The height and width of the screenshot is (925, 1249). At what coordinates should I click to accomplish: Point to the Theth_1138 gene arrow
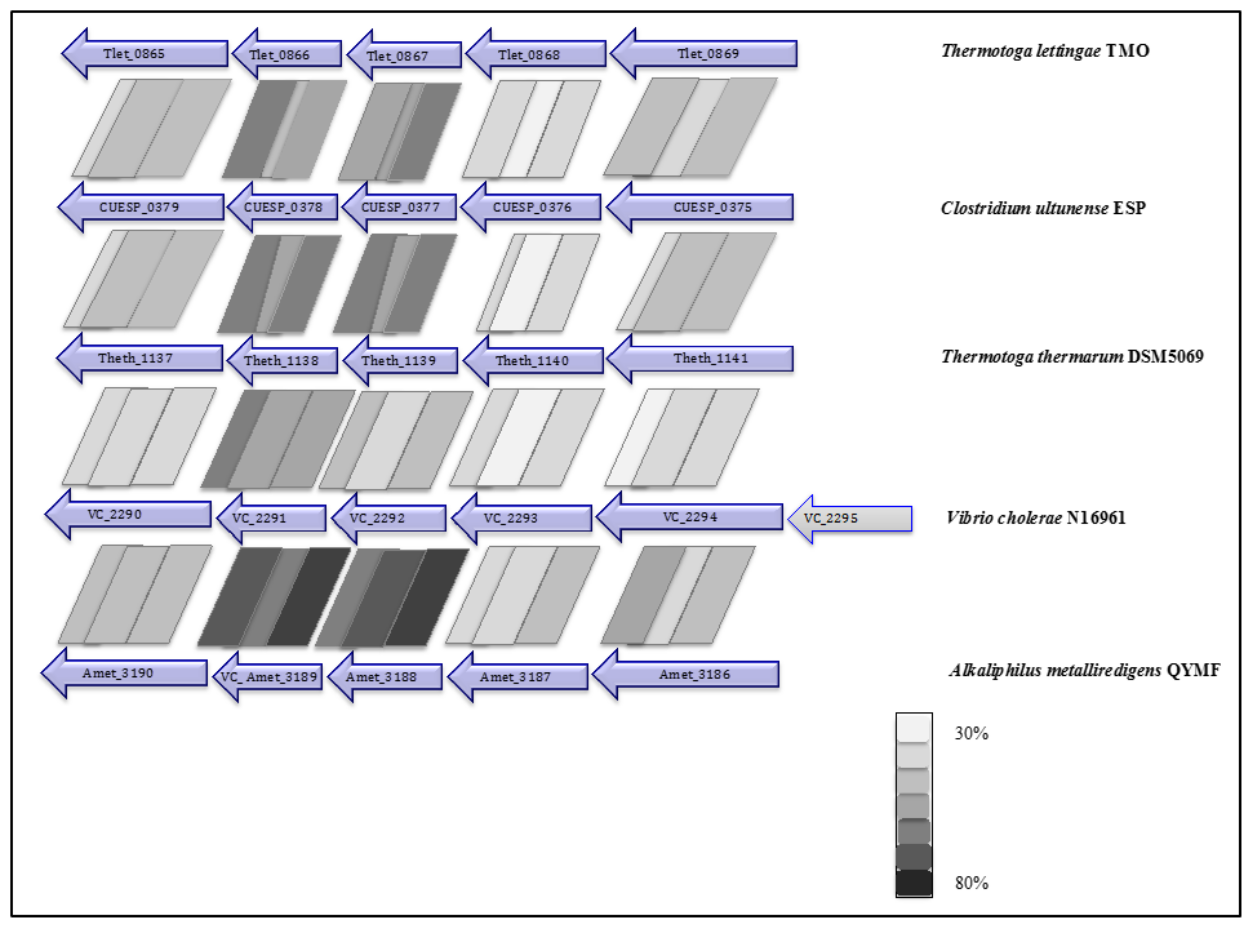tap(282, 360)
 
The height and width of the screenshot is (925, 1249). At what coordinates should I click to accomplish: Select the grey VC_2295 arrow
tap(850, 519)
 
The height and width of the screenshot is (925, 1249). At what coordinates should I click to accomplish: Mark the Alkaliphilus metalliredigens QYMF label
tap(1084, 670)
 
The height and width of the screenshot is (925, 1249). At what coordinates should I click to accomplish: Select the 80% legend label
tap(971, 883)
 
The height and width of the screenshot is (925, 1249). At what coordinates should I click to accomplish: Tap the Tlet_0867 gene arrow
tap(404, 56)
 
